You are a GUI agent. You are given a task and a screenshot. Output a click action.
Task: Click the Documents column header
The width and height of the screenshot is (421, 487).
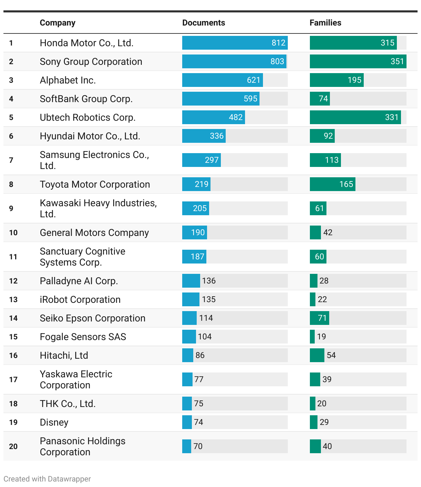tap(204, 23)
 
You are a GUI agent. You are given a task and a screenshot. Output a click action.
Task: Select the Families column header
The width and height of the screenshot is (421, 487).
tap(325, 23)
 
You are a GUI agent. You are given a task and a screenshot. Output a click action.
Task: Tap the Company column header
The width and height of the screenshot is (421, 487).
tap(58, 23)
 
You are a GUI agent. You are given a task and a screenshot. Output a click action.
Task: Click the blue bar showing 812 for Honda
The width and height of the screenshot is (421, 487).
tap(235, 43)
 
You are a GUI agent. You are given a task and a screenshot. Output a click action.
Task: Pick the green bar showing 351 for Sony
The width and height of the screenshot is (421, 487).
tap(358, 61)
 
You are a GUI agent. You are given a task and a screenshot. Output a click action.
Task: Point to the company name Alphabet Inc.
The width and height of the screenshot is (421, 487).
tap(68, 80)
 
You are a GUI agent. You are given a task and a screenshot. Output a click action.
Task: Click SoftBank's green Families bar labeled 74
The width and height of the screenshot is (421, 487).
tap(320, 99)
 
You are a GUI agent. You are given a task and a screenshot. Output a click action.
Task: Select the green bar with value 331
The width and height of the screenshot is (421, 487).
tap(355, 117)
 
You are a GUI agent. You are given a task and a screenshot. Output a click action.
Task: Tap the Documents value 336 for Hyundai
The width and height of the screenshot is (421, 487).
tap(217, 136)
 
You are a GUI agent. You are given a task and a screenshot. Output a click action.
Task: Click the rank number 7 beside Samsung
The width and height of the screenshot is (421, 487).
tap(11, 160)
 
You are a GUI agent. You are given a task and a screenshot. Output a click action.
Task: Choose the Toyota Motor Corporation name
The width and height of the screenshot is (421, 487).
tap(95, 185)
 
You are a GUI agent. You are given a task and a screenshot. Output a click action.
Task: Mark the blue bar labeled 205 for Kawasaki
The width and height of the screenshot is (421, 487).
tap(195, 208)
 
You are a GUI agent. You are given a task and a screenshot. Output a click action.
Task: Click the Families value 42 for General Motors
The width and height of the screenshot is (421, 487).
tap(328, 232)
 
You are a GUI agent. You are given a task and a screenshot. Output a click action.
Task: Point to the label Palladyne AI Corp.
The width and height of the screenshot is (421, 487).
tap(79, 281)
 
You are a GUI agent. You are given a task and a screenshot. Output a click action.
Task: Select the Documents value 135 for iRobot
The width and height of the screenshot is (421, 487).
tap(209, 299)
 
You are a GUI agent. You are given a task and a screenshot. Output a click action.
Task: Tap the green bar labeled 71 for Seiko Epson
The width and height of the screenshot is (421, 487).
tap(319, 318)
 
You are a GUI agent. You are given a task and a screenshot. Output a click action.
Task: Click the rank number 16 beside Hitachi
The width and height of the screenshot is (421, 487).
tap(13, 355)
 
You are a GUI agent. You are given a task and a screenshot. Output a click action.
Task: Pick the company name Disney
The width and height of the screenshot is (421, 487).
tap(54, 423)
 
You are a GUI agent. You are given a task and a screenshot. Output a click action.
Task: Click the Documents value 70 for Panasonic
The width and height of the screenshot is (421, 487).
tap(198, 446)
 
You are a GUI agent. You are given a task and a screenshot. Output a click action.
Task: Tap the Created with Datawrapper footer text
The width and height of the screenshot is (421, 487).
tap(47, 479)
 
